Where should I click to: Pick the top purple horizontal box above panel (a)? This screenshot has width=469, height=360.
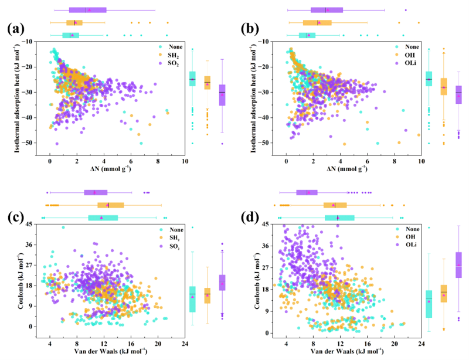87,10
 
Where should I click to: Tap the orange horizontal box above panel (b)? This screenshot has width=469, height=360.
317,23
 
